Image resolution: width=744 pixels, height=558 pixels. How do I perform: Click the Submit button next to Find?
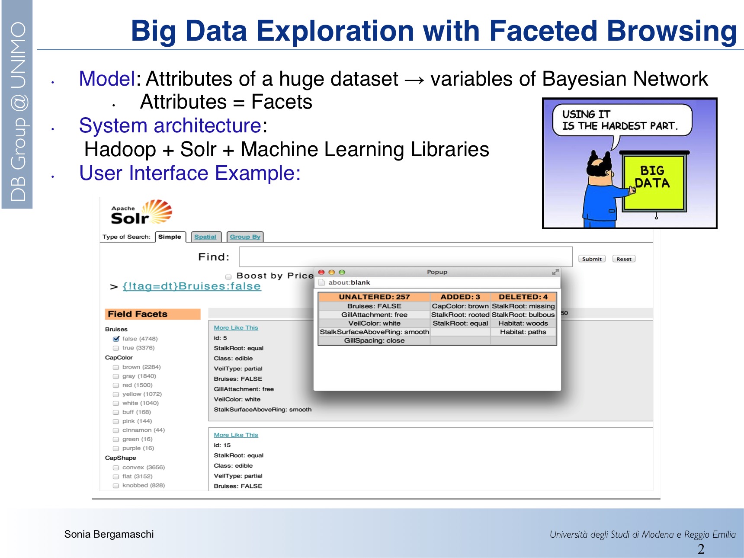[592, 259]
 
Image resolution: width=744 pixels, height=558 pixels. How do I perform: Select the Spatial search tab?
[205, 237]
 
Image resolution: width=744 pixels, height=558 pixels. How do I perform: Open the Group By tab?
[245, 237]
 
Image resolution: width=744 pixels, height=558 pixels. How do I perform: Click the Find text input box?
[406, 257]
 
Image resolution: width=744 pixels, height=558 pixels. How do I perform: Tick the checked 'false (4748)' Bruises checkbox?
[116, 339]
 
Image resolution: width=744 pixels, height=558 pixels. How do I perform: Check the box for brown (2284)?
[116, 367]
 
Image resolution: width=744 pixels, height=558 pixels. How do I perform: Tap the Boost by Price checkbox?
[228, 276]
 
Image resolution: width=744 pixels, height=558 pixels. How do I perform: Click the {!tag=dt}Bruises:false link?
[192, 286]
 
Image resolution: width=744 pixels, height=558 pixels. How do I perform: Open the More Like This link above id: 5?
[236, 327]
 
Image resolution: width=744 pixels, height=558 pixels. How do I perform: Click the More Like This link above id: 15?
[236, 435]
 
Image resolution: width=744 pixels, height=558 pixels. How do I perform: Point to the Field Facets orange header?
[153, 314]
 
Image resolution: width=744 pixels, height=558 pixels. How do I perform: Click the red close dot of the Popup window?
[321, 272]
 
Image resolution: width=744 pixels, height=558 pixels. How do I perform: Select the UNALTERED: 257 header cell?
[374, 297]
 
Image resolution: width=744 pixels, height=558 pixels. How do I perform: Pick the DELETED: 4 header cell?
[523, 297]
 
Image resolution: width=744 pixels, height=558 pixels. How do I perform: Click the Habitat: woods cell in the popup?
[523, 323]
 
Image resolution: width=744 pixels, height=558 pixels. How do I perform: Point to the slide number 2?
[701, 549]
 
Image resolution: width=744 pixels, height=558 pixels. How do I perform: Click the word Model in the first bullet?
[107, 79]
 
